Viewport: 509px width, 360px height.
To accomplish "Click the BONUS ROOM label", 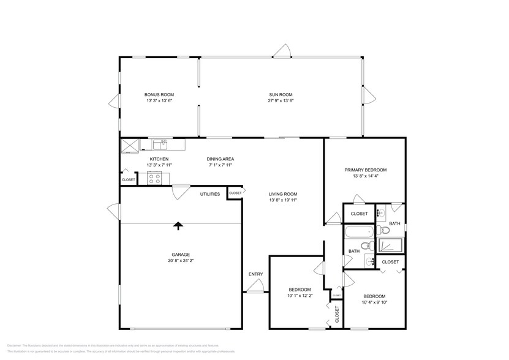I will click(159, 94).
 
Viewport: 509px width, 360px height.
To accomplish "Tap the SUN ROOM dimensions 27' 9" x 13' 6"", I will click(281, 100).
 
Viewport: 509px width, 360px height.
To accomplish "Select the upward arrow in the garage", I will click(178, 226).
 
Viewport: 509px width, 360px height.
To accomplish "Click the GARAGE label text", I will click(180, 255).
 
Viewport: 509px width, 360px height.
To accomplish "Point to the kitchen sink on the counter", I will click(160, 144).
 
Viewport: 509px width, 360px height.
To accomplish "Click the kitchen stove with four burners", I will click(154, 179).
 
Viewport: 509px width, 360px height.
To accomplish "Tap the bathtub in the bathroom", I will click(360, 232).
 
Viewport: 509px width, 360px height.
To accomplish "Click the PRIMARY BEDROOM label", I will click(365, 170).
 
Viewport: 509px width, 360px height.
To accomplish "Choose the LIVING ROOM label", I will click(282, 193).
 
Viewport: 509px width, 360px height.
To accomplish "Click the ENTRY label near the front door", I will click(255, 274).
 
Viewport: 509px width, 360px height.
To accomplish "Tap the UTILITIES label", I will click(210, 194).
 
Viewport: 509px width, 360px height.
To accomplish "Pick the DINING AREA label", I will click(221, 159).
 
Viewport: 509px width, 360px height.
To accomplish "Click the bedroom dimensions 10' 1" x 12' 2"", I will click(300, 296).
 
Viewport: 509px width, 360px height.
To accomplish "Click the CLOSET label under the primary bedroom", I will click(359, 214).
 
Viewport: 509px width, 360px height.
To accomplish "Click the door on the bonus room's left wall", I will click(114, 103).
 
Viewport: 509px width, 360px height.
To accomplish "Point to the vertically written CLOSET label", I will click(337, 315).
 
